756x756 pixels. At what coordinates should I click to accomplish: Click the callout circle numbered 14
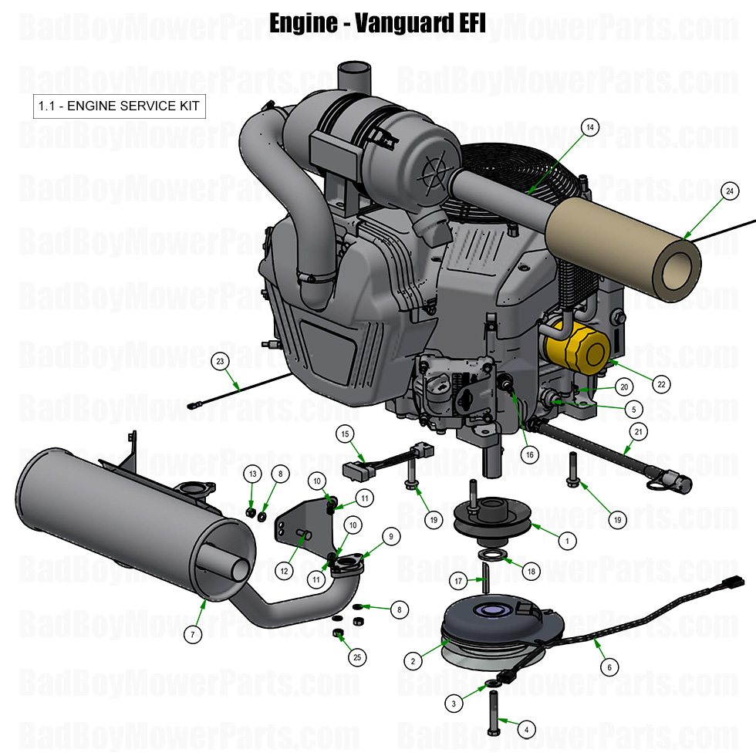coord(590,129)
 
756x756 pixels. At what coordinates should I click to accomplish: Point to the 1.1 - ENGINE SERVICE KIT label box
coord(120,106)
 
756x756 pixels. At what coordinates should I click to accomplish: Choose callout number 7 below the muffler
coord(192,635)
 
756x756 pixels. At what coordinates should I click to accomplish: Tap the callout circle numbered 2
coord(413,661)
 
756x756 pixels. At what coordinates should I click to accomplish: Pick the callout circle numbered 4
coord(526,728)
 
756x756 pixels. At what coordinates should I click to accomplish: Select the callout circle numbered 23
coord(220,360)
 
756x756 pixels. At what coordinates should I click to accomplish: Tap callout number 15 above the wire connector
coord(345,434)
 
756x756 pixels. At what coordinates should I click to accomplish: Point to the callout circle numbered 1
coord(567,541)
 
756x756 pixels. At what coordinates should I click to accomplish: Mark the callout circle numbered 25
coord(356,657)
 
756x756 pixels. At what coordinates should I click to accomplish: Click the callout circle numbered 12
coord(284,571)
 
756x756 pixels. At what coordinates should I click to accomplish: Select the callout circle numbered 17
coord(457,581)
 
